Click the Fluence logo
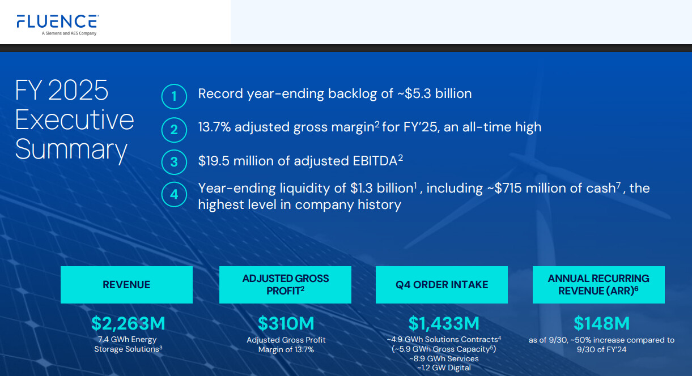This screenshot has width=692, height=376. (58, 25)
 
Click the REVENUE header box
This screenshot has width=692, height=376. (126, 285)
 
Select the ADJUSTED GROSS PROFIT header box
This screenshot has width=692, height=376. (285, 285)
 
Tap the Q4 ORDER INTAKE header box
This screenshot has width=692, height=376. (441, 285)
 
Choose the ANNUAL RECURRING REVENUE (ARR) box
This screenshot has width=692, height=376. (598, 285)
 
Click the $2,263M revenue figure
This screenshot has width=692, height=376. (128, 323)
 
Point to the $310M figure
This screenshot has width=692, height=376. (286, 323)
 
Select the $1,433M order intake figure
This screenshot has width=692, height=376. (444, 323)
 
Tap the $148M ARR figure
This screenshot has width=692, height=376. (601, 323)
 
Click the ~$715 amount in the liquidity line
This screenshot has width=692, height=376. (504, 188)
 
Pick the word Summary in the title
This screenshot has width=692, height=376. (71, 150)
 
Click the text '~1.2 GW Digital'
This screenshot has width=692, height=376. (444, 368)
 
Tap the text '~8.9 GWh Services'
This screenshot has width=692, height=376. (444, 358)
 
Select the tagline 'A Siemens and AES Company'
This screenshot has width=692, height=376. (69, 33)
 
